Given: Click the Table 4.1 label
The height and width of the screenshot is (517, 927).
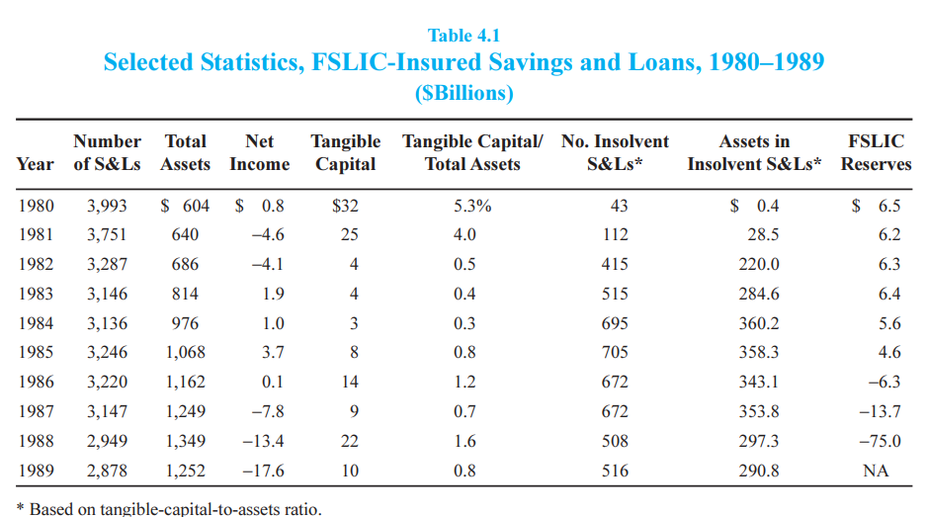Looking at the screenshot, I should [463, 36].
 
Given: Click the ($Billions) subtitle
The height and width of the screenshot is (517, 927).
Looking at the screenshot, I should [463, 94].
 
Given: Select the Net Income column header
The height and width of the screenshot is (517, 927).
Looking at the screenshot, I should [259, 153].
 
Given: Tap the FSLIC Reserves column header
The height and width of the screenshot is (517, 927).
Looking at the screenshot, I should [876, 153].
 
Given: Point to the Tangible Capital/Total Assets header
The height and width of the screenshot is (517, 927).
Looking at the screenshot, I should [471, 153].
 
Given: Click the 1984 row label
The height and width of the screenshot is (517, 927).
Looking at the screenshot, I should [37, 323].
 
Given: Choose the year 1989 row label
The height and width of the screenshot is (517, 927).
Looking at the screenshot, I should [37, 471].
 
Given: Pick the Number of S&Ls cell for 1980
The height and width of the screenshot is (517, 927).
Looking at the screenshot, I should [107, 206].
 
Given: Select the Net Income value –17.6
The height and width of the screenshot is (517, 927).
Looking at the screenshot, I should [263, 471].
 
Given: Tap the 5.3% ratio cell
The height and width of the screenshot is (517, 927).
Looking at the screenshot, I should [471, 206].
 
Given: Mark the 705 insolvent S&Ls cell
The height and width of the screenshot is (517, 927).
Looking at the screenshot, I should [615, 353].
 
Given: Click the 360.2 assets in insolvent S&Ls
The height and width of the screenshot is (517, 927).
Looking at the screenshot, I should [759, 323].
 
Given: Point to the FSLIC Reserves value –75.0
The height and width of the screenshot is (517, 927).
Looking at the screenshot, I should [879, 441].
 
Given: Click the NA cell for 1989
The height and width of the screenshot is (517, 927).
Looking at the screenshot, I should [876, 471].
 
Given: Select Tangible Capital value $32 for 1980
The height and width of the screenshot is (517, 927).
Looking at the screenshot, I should [346, 206].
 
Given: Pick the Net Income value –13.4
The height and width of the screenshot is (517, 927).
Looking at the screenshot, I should [263, 441].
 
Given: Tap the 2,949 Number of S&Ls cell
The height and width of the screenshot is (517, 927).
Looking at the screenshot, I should [107, 441].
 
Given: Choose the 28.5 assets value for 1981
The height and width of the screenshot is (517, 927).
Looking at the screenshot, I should [762, 235].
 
